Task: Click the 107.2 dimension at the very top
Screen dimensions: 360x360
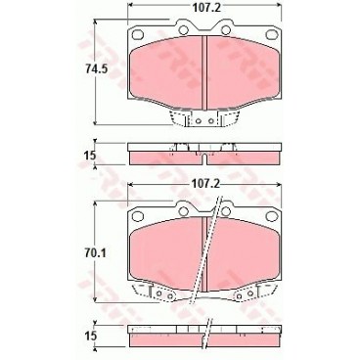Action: click(x=203, y=10)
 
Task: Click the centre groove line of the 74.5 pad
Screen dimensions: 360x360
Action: click(x=204, y=73)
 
